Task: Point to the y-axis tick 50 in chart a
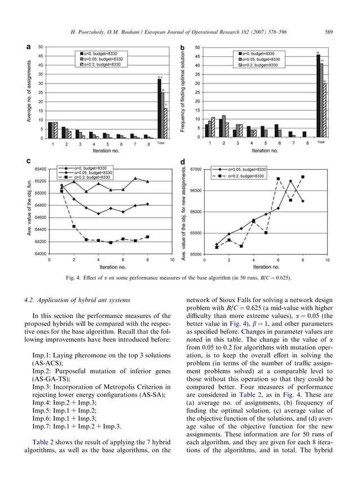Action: pos(40,47)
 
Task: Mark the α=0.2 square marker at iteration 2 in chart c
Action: pos(74,227)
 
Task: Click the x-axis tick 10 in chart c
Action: pos(172,261)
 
